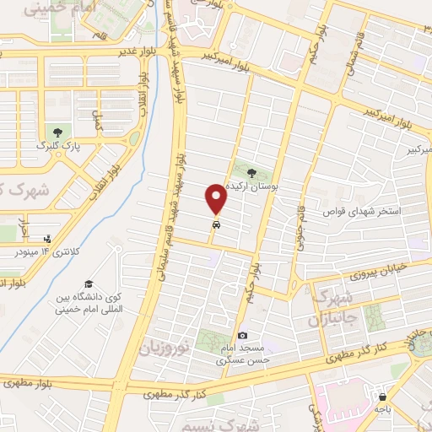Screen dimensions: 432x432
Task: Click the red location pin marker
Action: click(x=218, y=199)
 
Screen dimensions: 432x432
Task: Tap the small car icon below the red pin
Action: click(x=218, y=225)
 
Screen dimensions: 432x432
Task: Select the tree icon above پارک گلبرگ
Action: click(x=57, y=132)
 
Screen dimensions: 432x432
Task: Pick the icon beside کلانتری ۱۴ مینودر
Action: click(x=47, y=240)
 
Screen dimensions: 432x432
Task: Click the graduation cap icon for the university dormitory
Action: click(x=88, y=283)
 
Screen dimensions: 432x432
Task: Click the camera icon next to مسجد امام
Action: click(x=243, y=336)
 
